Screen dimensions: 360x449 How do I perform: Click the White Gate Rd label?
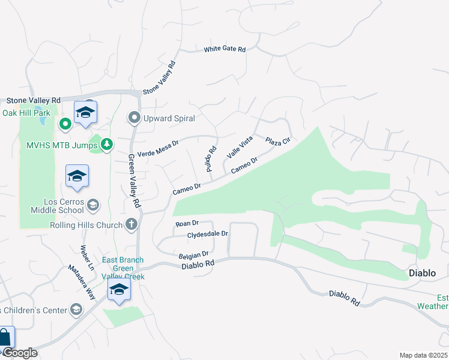click(225, 49)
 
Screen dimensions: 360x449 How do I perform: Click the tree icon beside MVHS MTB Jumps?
click(106, 144)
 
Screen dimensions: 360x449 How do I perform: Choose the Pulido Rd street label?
click(212, 158)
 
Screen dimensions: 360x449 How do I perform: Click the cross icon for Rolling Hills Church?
click(131, 225)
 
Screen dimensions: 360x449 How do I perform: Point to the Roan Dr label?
click(187, 223)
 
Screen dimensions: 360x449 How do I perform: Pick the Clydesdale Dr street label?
click(208, 234)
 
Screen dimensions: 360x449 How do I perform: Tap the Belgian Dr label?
click(193, 256)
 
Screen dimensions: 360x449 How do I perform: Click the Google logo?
click(20, 353)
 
